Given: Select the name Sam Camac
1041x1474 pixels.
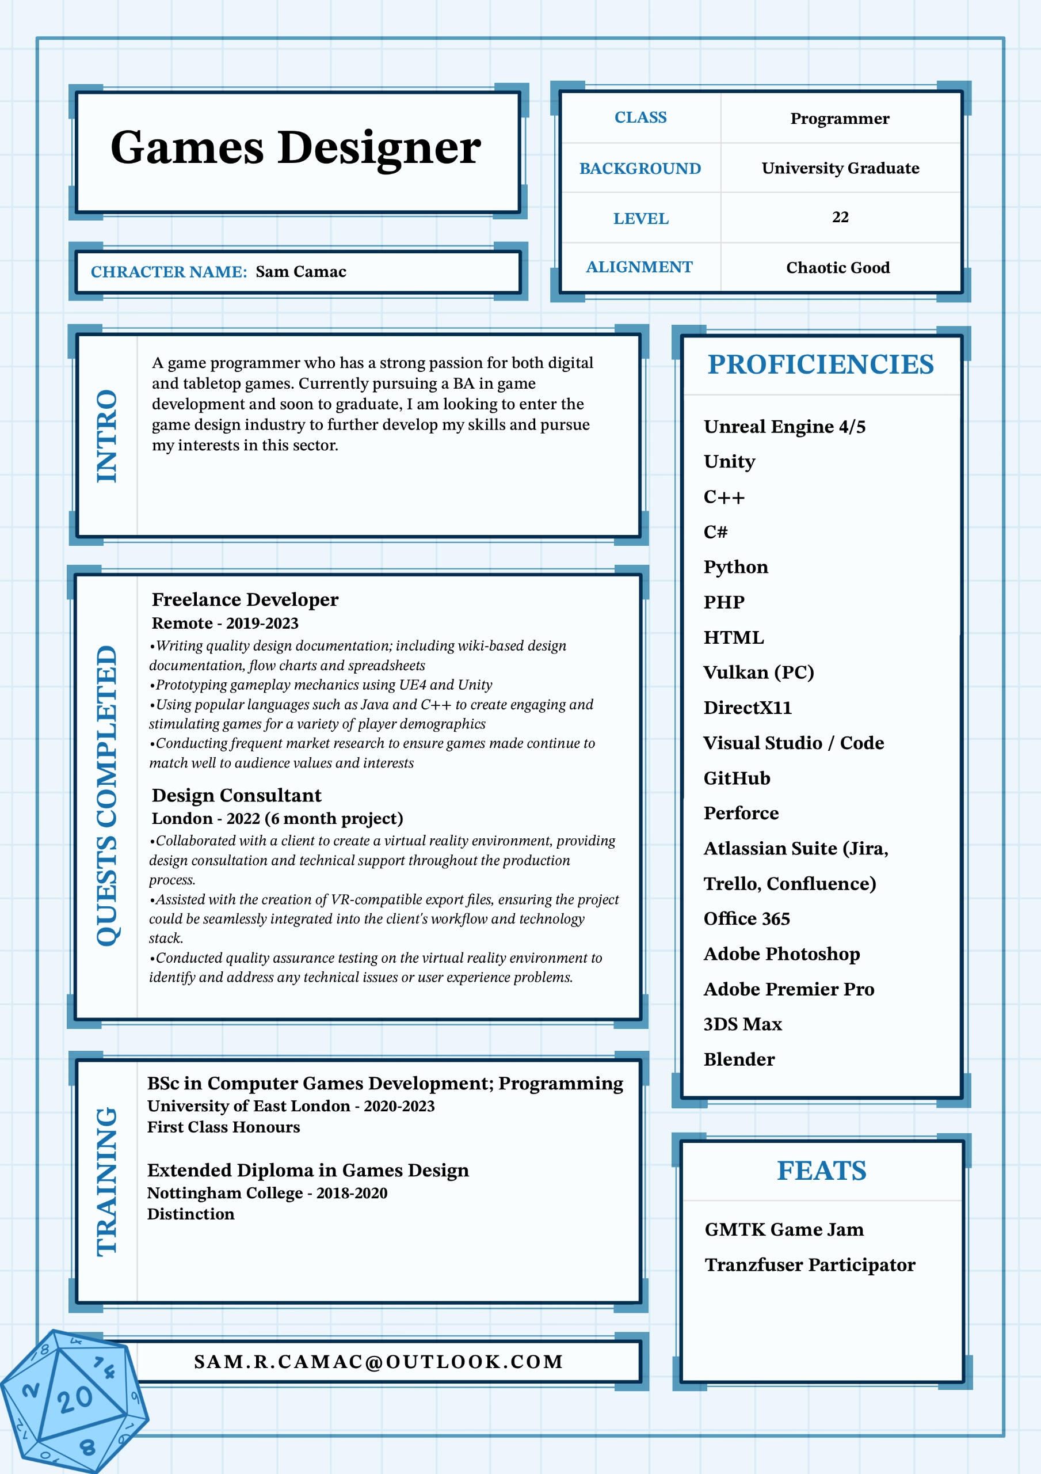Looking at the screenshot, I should click(300, 272).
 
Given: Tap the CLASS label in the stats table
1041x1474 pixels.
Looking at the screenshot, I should click(640, 117).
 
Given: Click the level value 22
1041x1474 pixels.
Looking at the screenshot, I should click(840, 218).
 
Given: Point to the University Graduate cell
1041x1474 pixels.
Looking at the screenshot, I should click(840, 168).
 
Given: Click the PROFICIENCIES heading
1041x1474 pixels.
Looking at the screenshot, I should click(820, 364).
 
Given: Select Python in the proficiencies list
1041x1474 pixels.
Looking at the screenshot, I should click(735, 567).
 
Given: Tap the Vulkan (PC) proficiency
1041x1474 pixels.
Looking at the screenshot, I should click(758, 672).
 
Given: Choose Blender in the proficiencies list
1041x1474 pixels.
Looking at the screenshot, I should click(739, 1059).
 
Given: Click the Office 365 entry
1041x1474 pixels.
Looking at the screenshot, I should click(746, 919).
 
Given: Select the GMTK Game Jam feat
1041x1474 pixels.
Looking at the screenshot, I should click(784, 1229).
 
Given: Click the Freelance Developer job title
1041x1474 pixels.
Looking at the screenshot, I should click(245, 599).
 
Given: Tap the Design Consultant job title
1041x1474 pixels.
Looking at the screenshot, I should click(236, 795).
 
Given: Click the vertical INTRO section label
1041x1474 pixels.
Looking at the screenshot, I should click(107, 436).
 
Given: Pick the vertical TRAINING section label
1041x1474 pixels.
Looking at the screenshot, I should click(107, 1182).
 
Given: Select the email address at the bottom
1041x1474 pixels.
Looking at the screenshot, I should click(379, 1362).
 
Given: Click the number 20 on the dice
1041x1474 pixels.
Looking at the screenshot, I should click(74, 1400).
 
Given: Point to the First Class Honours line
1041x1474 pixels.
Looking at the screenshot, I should click(223, 1127).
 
